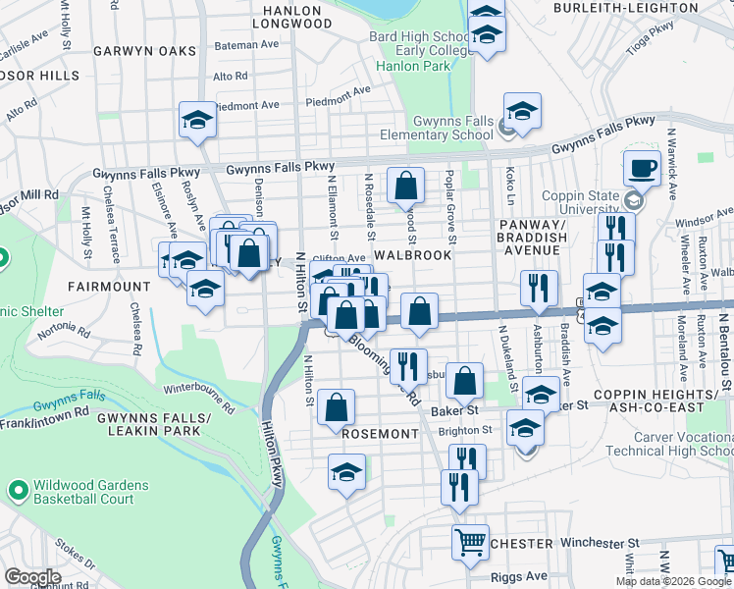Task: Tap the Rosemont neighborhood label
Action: [x=380, y=433]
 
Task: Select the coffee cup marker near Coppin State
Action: [x=642, y=168]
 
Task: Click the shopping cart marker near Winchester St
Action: [x=471, y=541]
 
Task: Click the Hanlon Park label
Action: [x=413, y=66]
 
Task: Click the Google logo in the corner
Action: [x=32, y=576]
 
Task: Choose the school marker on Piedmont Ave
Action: [x=197, y=121]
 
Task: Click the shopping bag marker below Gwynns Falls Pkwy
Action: [x=405, y=185]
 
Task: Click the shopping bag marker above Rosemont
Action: [x=337, y=407]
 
